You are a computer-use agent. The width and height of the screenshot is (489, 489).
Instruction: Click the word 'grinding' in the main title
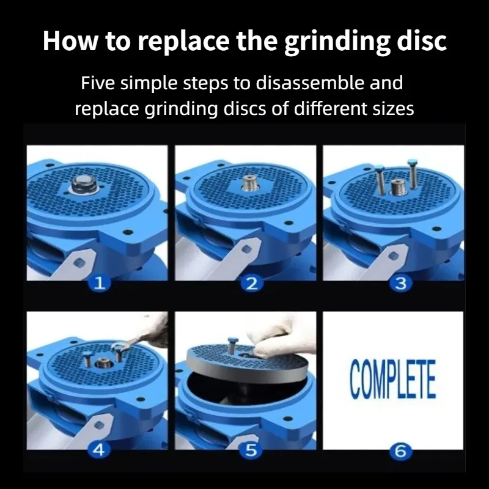[337, 42]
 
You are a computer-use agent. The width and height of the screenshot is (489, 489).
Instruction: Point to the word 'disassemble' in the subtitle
[310, 83]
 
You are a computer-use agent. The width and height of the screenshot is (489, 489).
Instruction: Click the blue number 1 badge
[100, 284]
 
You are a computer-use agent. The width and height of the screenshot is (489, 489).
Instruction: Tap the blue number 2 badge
[252, 284]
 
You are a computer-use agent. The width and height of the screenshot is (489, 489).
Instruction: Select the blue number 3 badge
[400, 284]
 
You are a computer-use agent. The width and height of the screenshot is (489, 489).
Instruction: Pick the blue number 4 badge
[99, 450]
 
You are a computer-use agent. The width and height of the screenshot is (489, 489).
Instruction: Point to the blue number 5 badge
[251, 450]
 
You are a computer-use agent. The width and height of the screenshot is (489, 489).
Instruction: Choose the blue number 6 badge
[400, 450]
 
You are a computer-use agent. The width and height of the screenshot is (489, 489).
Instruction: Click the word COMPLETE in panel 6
[392, 379]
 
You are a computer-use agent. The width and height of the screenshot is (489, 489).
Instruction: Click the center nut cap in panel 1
[84, 184]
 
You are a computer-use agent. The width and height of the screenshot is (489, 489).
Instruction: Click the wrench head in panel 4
[119, 346]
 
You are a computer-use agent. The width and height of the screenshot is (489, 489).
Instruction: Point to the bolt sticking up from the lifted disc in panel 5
[232, 345]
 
